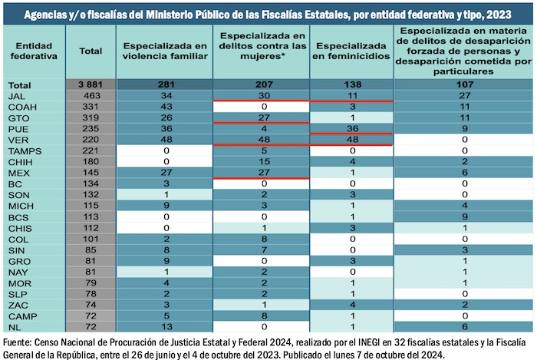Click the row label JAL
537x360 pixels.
pos(16,95)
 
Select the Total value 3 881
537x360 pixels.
pos(90,84)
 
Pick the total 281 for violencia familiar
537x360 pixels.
pos(165,84)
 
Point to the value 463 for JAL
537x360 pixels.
pos(90,95)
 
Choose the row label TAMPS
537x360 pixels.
pos(22,152)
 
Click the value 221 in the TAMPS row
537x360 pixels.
pos(90,152)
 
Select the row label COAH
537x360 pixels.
pos(20,107)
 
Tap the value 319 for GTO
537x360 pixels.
pos(90,118)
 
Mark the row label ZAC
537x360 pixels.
pos(16,305)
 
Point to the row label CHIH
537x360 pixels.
pos(19,163)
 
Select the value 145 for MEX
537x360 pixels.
pos(90,174)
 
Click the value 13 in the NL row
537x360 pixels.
pos(165,327)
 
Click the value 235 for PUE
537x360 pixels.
pos(90,129)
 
